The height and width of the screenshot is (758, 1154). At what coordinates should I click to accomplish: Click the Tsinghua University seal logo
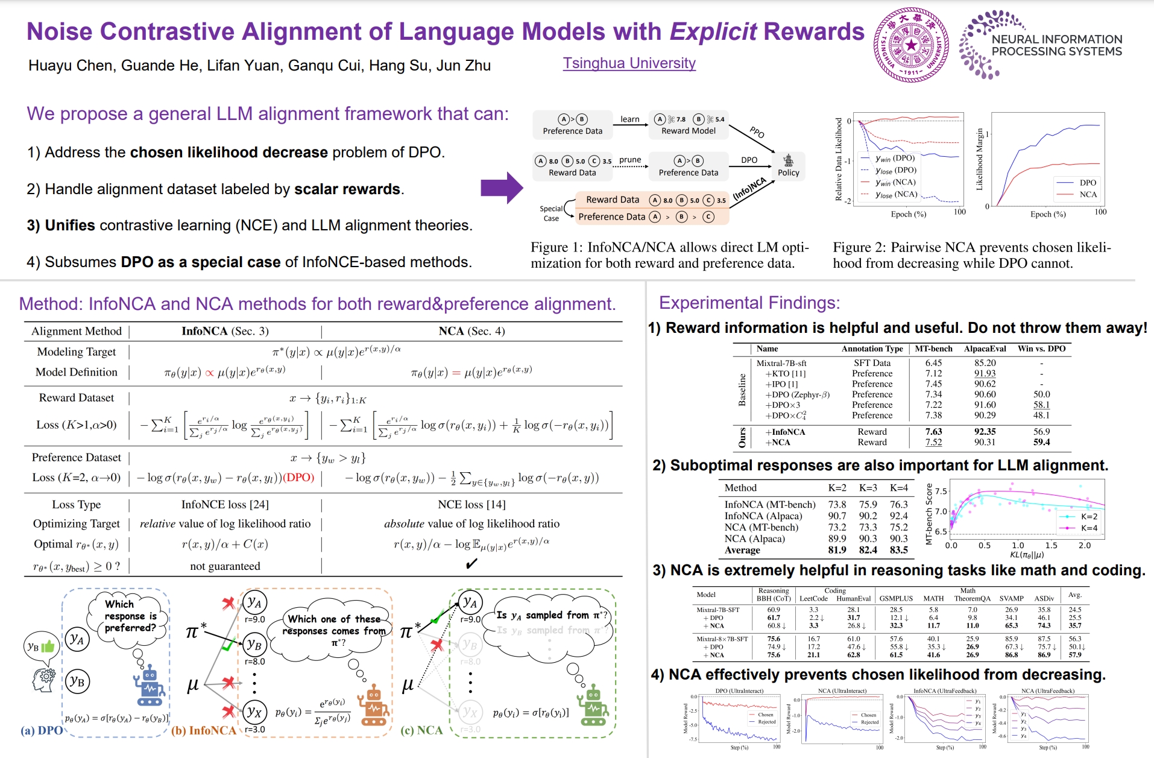(x=911, y=45)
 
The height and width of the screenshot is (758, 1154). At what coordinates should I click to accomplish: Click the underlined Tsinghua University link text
(x=629, y=63)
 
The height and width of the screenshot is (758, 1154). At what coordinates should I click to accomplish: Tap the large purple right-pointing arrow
(x=501, y=188)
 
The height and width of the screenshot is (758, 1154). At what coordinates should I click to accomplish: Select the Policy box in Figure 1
(x=788, y=166)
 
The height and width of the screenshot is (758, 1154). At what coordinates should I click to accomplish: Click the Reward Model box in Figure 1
(x=689, y=125)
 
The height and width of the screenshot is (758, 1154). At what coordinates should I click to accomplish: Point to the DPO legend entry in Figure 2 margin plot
(x=1079, y=183)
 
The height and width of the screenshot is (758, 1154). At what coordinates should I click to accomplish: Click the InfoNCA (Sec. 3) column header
(x=225, y=331)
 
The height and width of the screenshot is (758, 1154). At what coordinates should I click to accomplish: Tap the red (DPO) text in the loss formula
(x=299, y=478)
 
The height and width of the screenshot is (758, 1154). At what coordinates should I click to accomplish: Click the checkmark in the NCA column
(x=471, y=564)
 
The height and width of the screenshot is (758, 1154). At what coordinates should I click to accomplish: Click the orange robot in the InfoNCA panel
(x=374, y=706)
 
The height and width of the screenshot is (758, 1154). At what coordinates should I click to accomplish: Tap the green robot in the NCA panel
(x=594, y=706)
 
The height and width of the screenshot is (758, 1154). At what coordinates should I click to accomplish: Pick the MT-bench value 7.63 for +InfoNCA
(x=933, y=432)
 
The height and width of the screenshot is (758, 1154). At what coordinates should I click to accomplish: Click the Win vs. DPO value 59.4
(x=1041, y=442)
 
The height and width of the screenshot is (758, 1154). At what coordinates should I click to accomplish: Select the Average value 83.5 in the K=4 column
(x=898, y=550)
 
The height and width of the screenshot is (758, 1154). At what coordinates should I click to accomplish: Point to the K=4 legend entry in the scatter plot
(x=1079, y=528)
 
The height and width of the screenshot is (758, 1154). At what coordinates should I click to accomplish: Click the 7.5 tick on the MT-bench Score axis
(x=941, y=491)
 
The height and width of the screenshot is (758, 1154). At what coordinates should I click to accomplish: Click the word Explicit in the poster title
(x=713, y=31)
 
